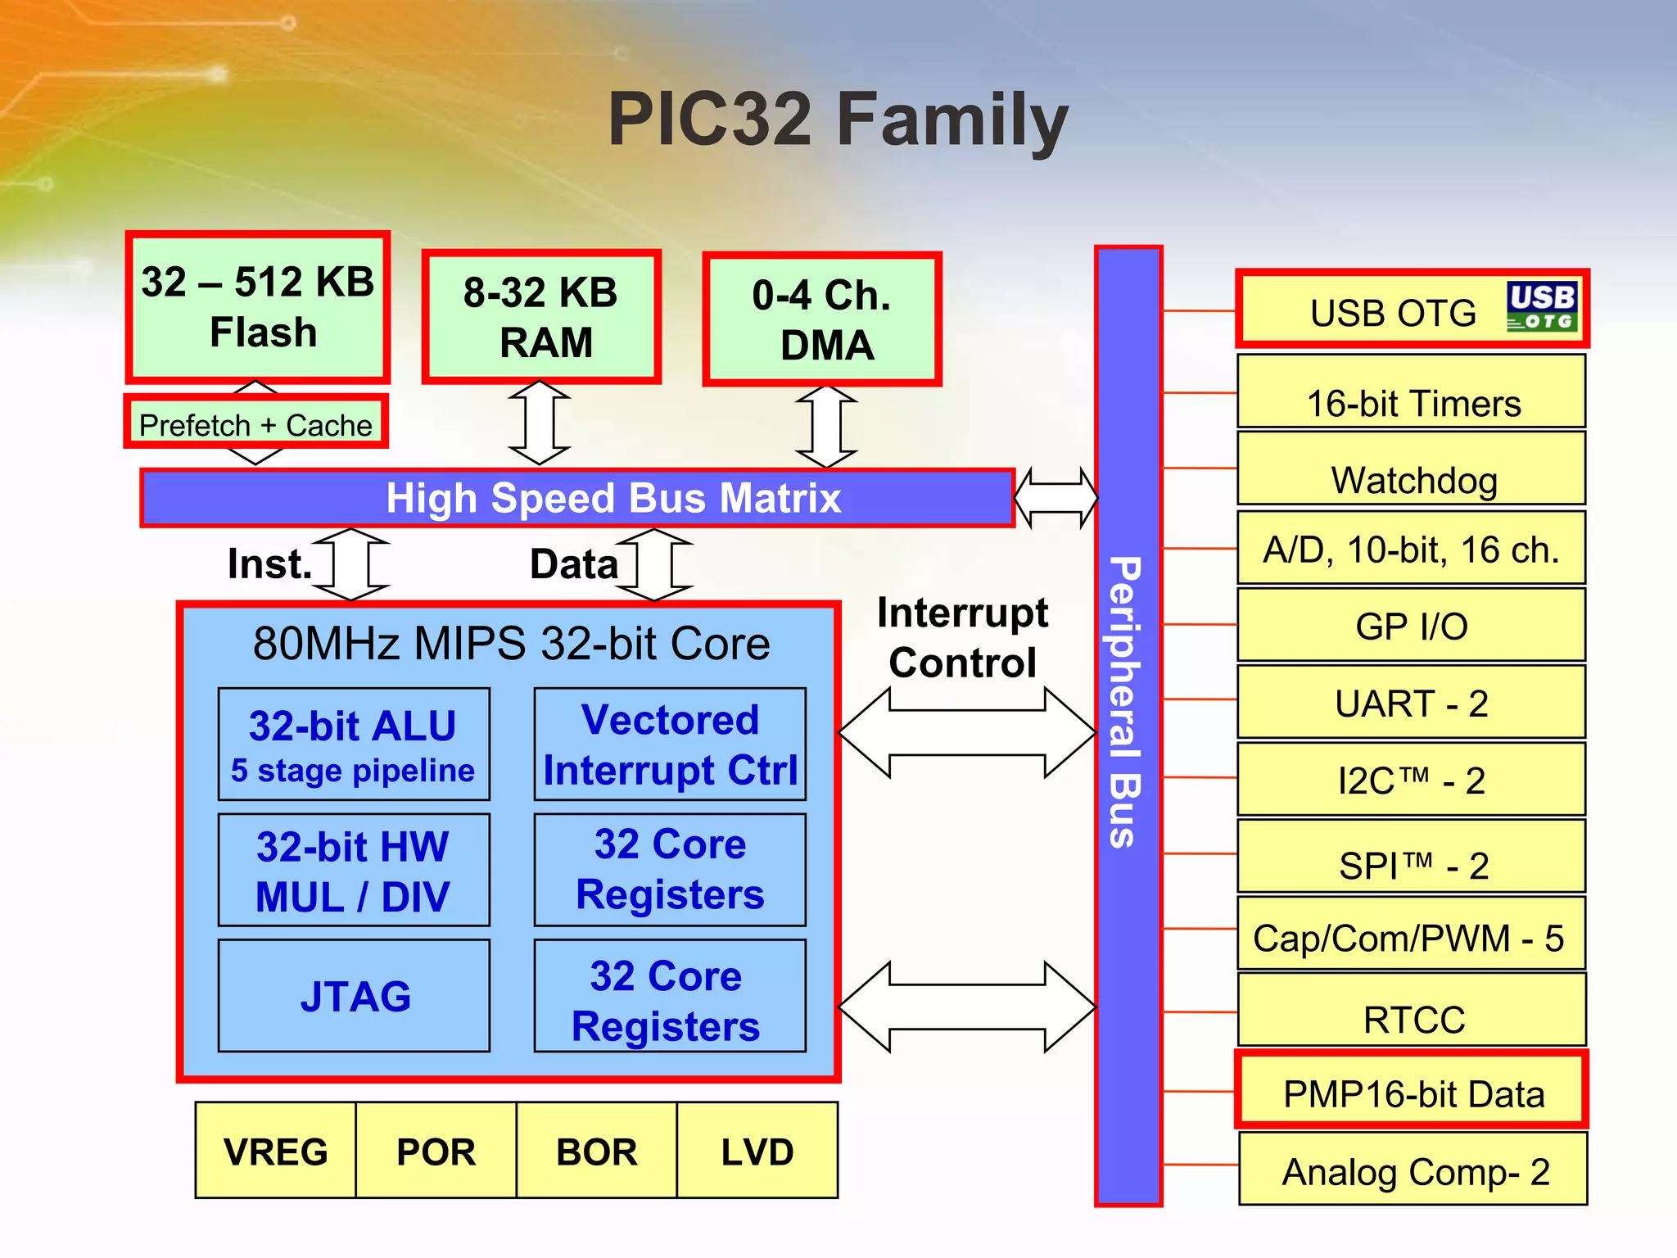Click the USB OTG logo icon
click(x=1542, y=307)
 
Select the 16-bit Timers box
click(x=1412, y=391)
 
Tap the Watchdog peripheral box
click(x=1412, y=468)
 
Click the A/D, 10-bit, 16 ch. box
click(x=1412, y=548)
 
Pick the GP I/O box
click(x=1412, y=625)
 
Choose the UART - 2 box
click(x=1412, y=702)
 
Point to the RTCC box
click(x=1412, y=1010)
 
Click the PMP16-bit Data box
click(x=1412, y=1090)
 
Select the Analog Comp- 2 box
click(x=1413, y=1169)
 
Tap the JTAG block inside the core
click(x=354, y=995)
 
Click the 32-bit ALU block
click(x=354, y=744)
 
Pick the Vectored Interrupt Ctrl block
click(x=670, y=744)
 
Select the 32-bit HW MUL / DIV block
click(x=354, y=870)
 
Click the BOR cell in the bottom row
click(x=596, y=1151)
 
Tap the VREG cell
click(x=276, y=1151)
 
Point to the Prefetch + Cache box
click(x=255, y=423)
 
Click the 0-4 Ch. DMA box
click(x=822, y=319)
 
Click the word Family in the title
click(x=952, y=120)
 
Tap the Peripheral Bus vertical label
click(x=1127, y=702)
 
